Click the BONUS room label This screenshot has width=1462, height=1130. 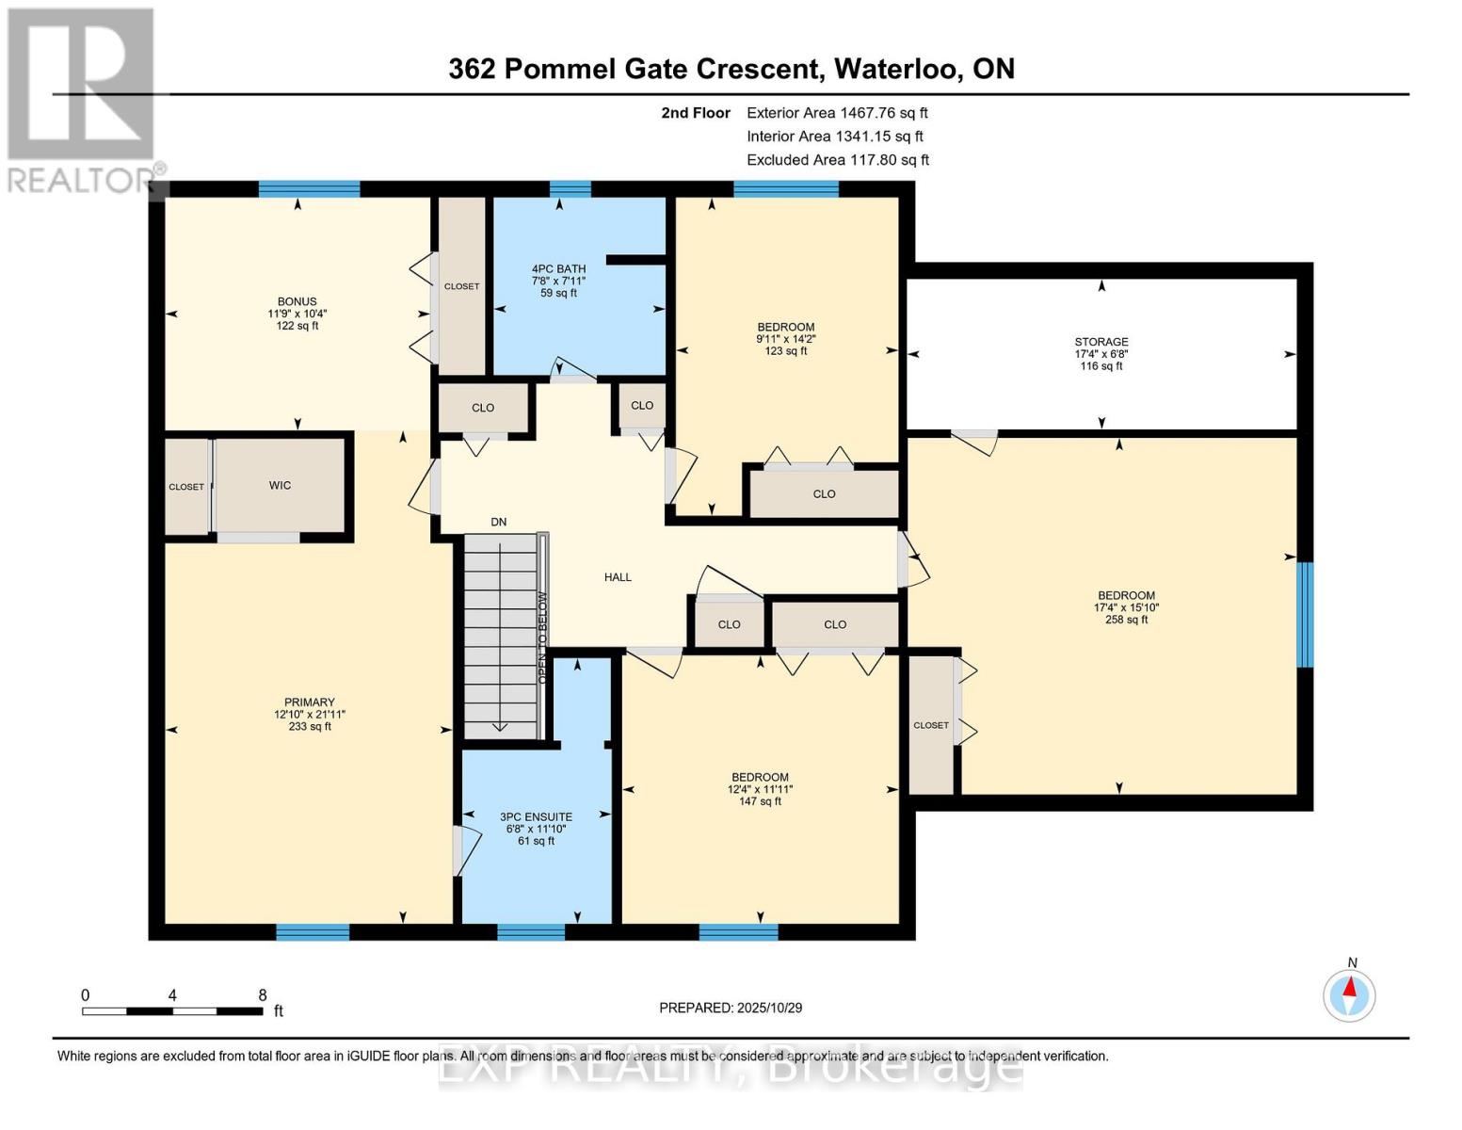(297, 302)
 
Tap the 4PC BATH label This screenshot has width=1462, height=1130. (558, 269)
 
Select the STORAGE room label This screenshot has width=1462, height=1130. (1101, 342)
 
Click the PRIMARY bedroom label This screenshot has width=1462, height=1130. (309, 702)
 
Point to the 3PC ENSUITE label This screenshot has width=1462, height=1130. (536, 817)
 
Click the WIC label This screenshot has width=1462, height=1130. (280, 486)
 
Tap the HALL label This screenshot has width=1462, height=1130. (618, 577)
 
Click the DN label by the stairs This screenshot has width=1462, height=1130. (498, 522)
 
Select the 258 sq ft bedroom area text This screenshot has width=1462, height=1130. (1126, 620)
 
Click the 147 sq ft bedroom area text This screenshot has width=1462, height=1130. (760, 801)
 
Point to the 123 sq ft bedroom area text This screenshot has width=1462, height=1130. (785, 351)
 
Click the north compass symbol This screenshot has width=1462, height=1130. (1350, 994)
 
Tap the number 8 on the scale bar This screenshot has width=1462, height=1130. (263, 994)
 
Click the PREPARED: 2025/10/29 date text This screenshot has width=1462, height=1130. (731, 1008)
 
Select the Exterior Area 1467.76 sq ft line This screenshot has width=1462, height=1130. (837, 112)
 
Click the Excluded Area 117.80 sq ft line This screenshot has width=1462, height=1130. (838, 160)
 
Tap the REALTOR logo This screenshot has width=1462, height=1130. (83, 99)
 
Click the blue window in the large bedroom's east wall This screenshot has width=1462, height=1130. (1305, 614)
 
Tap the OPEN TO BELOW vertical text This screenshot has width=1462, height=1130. (541, 624)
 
